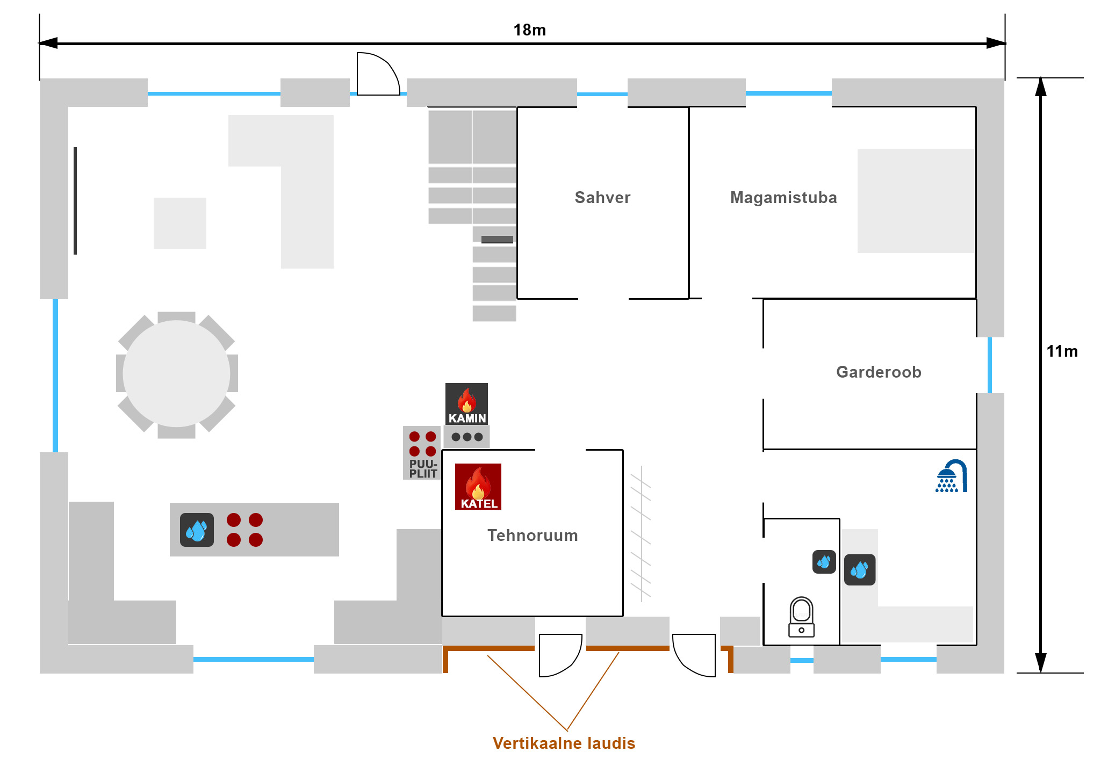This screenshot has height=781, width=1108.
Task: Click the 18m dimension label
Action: (529, 30)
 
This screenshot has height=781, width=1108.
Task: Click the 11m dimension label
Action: (1062, 351)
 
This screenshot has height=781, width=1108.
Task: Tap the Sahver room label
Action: (602, 198)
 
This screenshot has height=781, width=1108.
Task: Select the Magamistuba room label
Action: (783, 198)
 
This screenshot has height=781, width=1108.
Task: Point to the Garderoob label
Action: (879, 372)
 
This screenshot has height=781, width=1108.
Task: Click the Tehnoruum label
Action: (533, 536)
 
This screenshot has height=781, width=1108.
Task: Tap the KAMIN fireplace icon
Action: (466, 403)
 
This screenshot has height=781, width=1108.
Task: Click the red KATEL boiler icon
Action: (478, 486)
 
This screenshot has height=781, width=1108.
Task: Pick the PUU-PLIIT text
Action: (423, 469)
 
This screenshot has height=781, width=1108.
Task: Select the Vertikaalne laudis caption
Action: (564, 743)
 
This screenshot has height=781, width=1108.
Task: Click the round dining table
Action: (176, 374)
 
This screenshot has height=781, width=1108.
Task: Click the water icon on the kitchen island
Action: (197, 530)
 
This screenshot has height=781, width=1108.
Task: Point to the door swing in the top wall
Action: (378, 75)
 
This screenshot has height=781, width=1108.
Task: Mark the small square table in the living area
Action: (180, 223)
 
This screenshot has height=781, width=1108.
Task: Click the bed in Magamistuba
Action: (916, 201)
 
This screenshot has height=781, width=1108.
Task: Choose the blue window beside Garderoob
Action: (990, 365)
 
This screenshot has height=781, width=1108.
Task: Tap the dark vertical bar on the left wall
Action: (75, 201)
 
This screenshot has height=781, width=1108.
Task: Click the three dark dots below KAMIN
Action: (467, 437)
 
